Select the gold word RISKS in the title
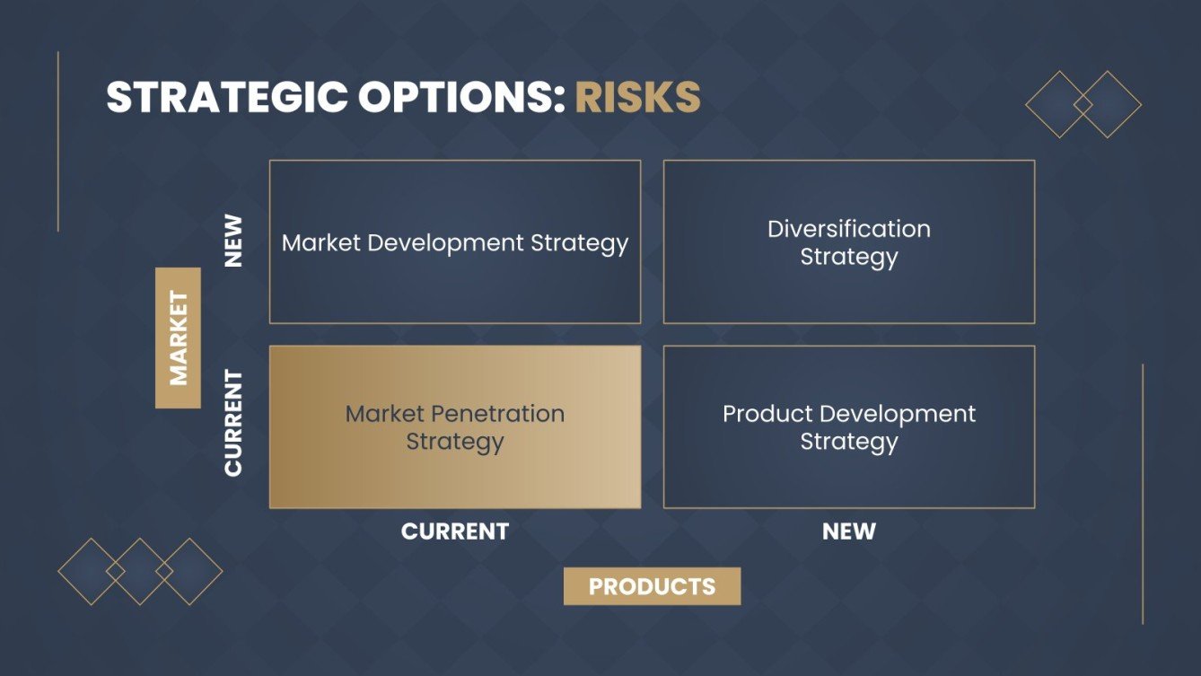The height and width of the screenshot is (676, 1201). pyautogui.click(x=637, y=98)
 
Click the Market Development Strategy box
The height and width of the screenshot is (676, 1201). pyautogui.click(x=455, y=242)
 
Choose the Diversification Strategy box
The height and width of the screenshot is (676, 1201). pyautogui.click(x=848, y=242)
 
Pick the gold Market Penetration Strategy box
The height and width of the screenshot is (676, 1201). pyautogui.click(x=455, y=427)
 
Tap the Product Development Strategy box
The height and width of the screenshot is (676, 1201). pyautogui.click(x=848, y=427)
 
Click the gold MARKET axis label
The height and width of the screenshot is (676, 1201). pyautogui.click(x=178, y=338)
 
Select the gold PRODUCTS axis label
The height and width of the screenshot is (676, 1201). pyautogui.click(x=652, y=586)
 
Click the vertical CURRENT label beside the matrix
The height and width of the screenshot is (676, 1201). pyautogui.click(x=233, y=422)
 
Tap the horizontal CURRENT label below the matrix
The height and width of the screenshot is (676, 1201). pyautogui.click(x=455, y=531)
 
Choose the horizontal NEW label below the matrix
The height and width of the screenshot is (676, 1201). pyautogui.click(x=848, y=531)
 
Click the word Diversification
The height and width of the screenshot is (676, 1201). pyautogui.click(x=848, y=229)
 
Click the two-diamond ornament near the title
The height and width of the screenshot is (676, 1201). pyautogui.click(x=1083, y=105)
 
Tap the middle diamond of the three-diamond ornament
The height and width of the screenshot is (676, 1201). pyautogui.click(x=140, y=571)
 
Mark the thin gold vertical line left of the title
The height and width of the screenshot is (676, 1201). pyautogui.click(x=58, y=141)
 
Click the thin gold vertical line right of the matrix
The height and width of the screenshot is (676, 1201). pyautogui.click(x=1143, y=494)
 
